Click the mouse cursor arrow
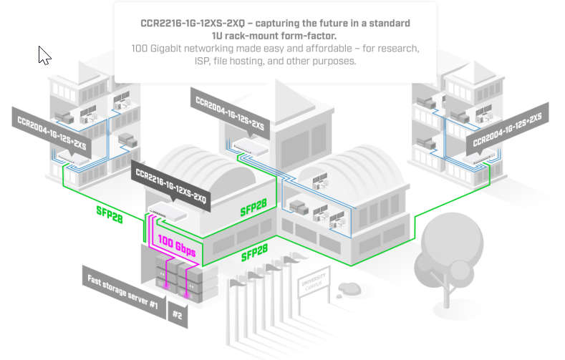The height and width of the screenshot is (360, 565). pyautogui.click(x=44, y=55)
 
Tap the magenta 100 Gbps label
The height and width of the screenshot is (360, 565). pyautogui.click(x=176, y=246)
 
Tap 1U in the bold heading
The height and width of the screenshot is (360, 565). pyautogui.click(x=221, y=36)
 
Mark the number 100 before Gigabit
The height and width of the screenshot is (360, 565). pyautogui.click(x=142, y=49)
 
